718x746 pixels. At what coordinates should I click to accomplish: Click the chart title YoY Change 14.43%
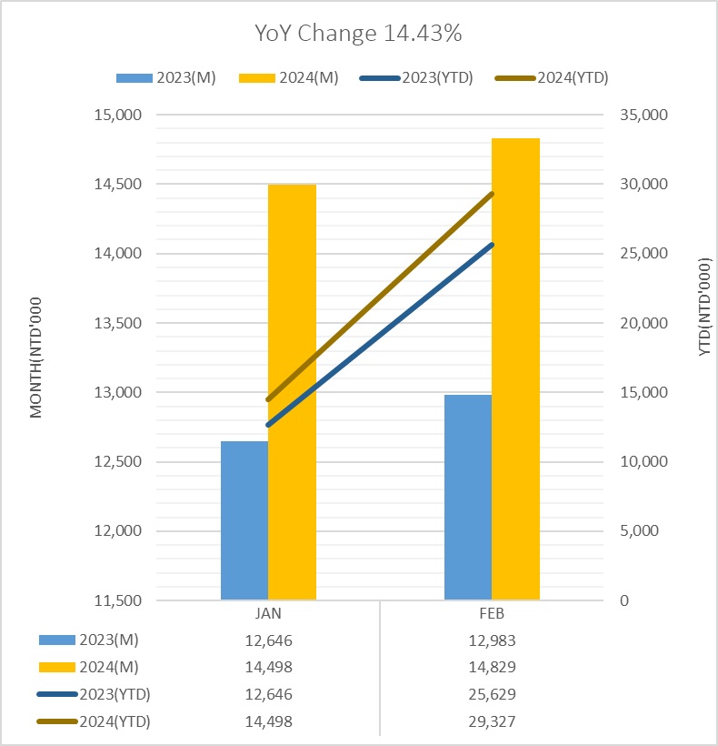(358, 34)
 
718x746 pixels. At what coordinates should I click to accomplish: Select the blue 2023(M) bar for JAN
(244, 520)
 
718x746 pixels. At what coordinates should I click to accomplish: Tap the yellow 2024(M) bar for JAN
(293, 391)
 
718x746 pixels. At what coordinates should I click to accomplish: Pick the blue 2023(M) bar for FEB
(468, 497)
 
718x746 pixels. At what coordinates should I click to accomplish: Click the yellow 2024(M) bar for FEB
(515, 368)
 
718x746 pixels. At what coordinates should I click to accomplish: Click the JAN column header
(268, 615)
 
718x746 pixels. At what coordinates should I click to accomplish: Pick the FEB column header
(492, 615)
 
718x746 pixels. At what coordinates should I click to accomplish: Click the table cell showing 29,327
(492, 721)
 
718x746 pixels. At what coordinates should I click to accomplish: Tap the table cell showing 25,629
(492, 694)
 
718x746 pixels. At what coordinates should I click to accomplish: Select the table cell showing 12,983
(492, 640)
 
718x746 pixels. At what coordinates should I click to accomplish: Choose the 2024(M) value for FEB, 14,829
(492, 667)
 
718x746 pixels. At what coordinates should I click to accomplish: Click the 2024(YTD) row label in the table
(115, 721)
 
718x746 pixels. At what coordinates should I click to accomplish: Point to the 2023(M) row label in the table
(108, 640)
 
